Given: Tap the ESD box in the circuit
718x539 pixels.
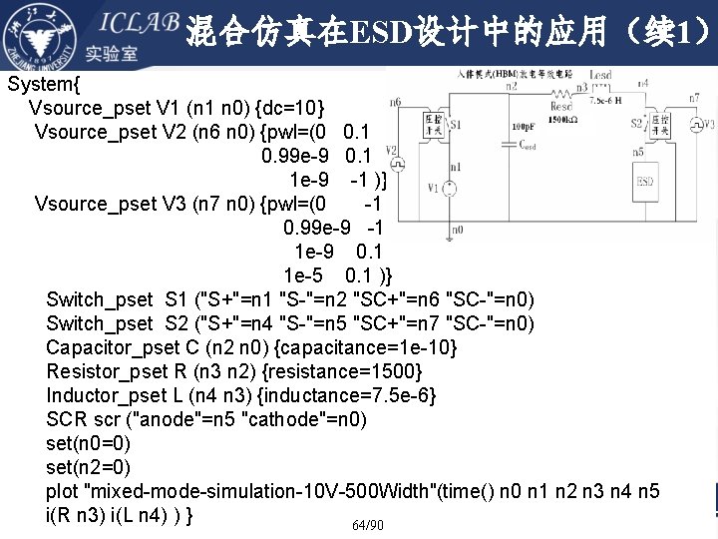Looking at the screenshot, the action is pos(645,182).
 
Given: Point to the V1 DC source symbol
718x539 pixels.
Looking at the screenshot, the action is pos(450,188).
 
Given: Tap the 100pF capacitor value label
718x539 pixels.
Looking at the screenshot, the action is pos(522,128).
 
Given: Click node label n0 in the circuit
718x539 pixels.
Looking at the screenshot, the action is pos(457,229).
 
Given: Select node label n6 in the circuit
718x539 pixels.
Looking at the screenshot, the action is pos(396,102).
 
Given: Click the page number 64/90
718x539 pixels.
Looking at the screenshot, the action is pos(367,525).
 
